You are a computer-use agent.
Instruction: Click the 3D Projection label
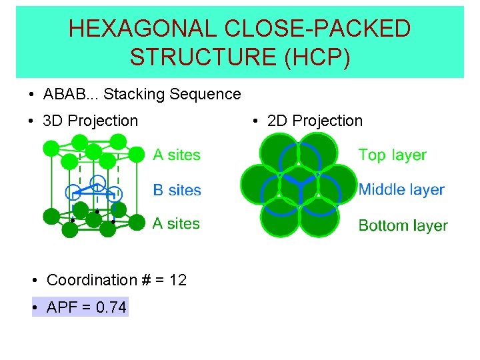tap(90, 121)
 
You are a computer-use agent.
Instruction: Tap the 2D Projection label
tap(315, 121)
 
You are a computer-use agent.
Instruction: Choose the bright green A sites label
tap(177, 155)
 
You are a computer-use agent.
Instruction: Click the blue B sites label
tap(177, 190)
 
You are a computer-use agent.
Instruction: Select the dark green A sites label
tap(176, 223)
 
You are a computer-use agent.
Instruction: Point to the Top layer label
tap(392, 155)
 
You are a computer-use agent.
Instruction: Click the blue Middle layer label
tap(401, 189)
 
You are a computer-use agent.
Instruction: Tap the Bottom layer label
tap(403, 225)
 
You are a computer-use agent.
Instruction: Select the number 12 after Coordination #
tap(178, 280)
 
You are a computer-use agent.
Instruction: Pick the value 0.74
tap(111, 307)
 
